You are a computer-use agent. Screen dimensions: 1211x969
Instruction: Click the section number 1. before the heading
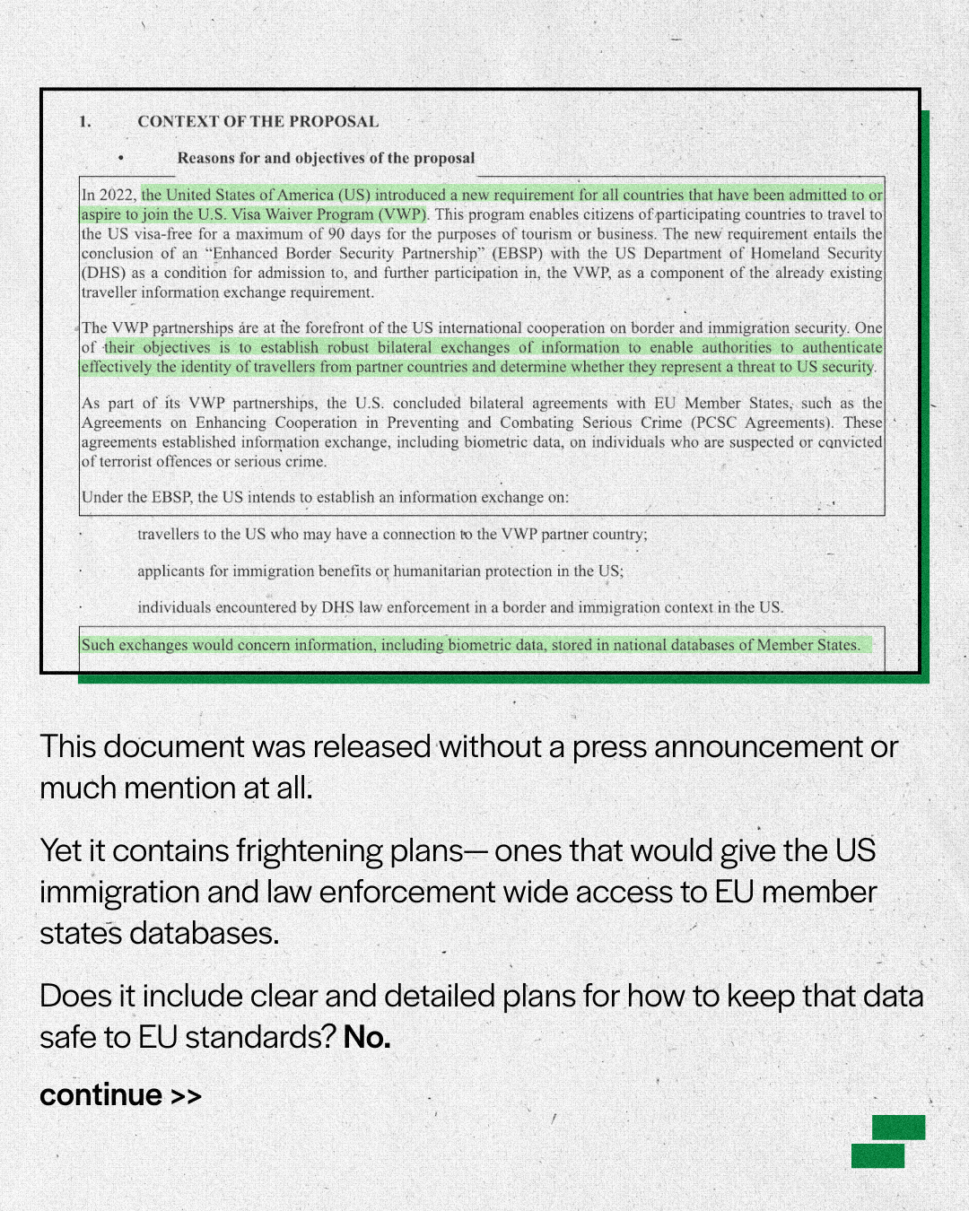[x=85, y=122]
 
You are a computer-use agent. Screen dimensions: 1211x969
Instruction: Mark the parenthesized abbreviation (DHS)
[x=101, y=274]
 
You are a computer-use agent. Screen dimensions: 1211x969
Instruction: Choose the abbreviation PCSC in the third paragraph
[x=715, y=423]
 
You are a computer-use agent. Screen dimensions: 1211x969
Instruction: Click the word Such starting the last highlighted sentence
[x=98, y=645]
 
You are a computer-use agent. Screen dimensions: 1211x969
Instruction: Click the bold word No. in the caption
[x=367, y=1038]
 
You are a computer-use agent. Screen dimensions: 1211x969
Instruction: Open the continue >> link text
[x=120, y=1095]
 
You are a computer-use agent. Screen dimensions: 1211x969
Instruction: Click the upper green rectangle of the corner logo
[x=898, y=1128]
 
